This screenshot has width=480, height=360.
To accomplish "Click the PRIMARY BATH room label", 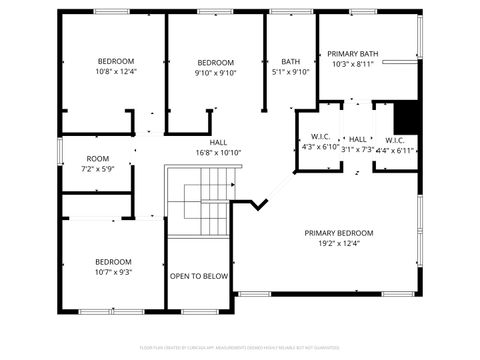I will coord(353,53).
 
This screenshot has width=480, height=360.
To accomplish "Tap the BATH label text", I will coord(291,61).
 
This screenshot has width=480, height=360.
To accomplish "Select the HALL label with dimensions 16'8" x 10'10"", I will coord(218,142).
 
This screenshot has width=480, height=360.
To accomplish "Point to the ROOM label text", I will coord(98,158).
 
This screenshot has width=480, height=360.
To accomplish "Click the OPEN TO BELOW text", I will coord(199,276).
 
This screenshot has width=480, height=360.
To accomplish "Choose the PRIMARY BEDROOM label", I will coord(339,232).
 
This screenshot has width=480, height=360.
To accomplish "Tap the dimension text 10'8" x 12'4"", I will coord(116,71).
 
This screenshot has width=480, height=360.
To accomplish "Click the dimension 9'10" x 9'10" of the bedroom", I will coord(214,72).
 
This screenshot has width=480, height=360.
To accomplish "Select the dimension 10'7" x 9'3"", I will coord(113,271).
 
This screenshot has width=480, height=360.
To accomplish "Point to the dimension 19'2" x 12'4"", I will coord(339,243).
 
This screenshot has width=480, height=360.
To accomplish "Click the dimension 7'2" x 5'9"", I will coord(98,169).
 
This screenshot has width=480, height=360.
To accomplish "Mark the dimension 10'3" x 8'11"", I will coord(353,64).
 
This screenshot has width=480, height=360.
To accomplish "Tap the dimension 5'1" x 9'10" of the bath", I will coord(291,72).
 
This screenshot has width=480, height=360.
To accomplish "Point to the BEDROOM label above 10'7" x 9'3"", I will coord(113,261).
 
